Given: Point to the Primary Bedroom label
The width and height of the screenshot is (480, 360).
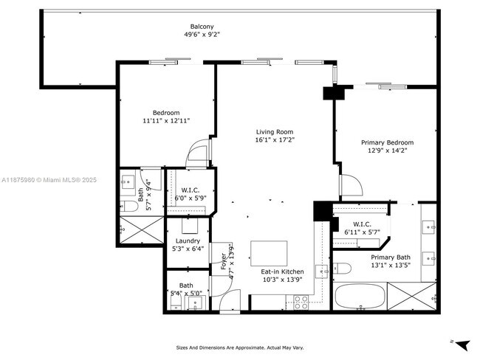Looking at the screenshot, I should pos(386,142).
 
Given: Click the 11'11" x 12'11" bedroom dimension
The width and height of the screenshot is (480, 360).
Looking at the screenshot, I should pos(166,120).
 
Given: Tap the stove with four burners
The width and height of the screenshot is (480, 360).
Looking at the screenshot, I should pos(301,301).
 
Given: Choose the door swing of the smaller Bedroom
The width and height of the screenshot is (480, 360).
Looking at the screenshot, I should pos(198,153).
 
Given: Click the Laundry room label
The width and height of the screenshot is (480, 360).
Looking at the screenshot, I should pos(188,241).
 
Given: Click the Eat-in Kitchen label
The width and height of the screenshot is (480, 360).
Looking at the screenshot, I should pos(282,272).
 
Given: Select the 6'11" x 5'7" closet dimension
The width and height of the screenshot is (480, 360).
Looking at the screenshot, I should pos(362,232).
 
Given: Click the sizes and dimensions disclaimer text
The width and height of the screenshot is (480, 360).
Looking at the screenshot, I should pos(239,347).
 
